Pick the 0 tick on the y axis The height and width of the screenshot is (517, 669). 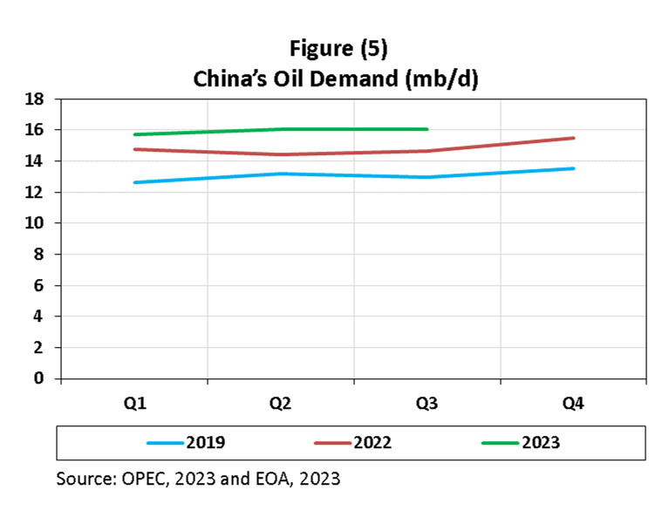(39, 378)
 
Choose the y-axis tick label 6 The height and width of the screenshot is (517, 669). (39, 285)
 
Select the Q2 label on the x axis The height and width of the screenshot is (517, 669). (280, 405)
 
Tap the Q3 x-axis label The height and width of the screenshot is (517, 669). (427, 405)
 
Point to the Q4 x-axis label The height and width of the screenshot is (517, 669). (573, 405)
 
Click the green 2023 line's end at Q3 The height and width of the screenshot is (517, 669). (427, 129)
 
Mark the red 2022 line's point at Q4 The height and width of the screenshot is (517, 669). (573, 138)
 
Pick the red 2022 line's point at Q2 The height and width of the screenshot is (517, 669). (280, 154)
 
